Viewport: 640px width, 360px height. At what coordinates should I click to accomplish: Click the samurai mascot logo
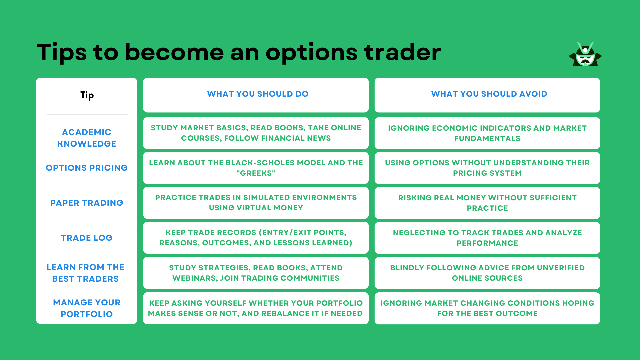585,54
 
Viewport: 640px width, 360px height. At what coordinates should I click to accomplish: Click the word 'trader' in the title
402,52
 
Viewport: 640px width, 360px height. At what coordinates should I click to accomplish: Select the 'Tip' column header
87,95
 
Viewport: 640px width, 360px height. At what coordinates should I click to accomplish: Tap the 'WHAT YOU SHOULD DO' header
257,94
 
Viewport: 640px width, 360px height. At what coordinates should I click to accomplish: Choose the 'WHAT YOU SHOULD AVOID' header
489,94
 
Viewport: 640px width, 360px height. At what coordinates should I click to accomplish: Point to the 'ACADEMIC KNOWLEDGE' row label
87,138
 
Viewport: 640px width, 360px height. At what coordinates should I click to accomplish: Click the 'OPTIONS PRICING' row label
87,168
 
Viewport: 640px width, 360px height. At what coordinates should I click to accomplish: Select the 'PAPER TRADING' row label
87,203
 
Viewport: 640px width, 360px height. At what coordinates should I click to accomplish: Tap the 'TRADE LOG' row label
87,238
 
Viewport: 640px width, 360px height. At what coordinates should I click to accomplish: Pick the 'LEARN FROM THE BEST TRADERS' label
85,273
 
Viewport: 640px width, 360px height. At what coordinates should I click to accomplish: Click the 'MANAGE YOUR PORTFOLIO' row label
87,308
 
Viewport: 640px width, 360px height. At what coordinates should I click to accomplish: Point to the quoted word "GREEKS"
256,173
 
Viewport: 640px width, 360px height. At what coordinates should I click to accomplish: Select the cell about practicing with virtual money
256,203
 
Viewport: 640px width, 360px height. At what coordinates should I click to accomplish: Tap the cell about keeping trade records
256,238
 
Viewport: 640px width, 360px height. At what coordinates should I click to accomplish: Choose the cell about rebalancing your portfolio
256,308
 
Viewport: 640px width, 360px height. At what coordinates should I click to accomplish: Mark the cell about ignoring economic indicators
487,133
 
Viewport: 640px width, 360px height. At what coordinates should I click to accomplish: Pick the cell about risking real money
487,203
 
